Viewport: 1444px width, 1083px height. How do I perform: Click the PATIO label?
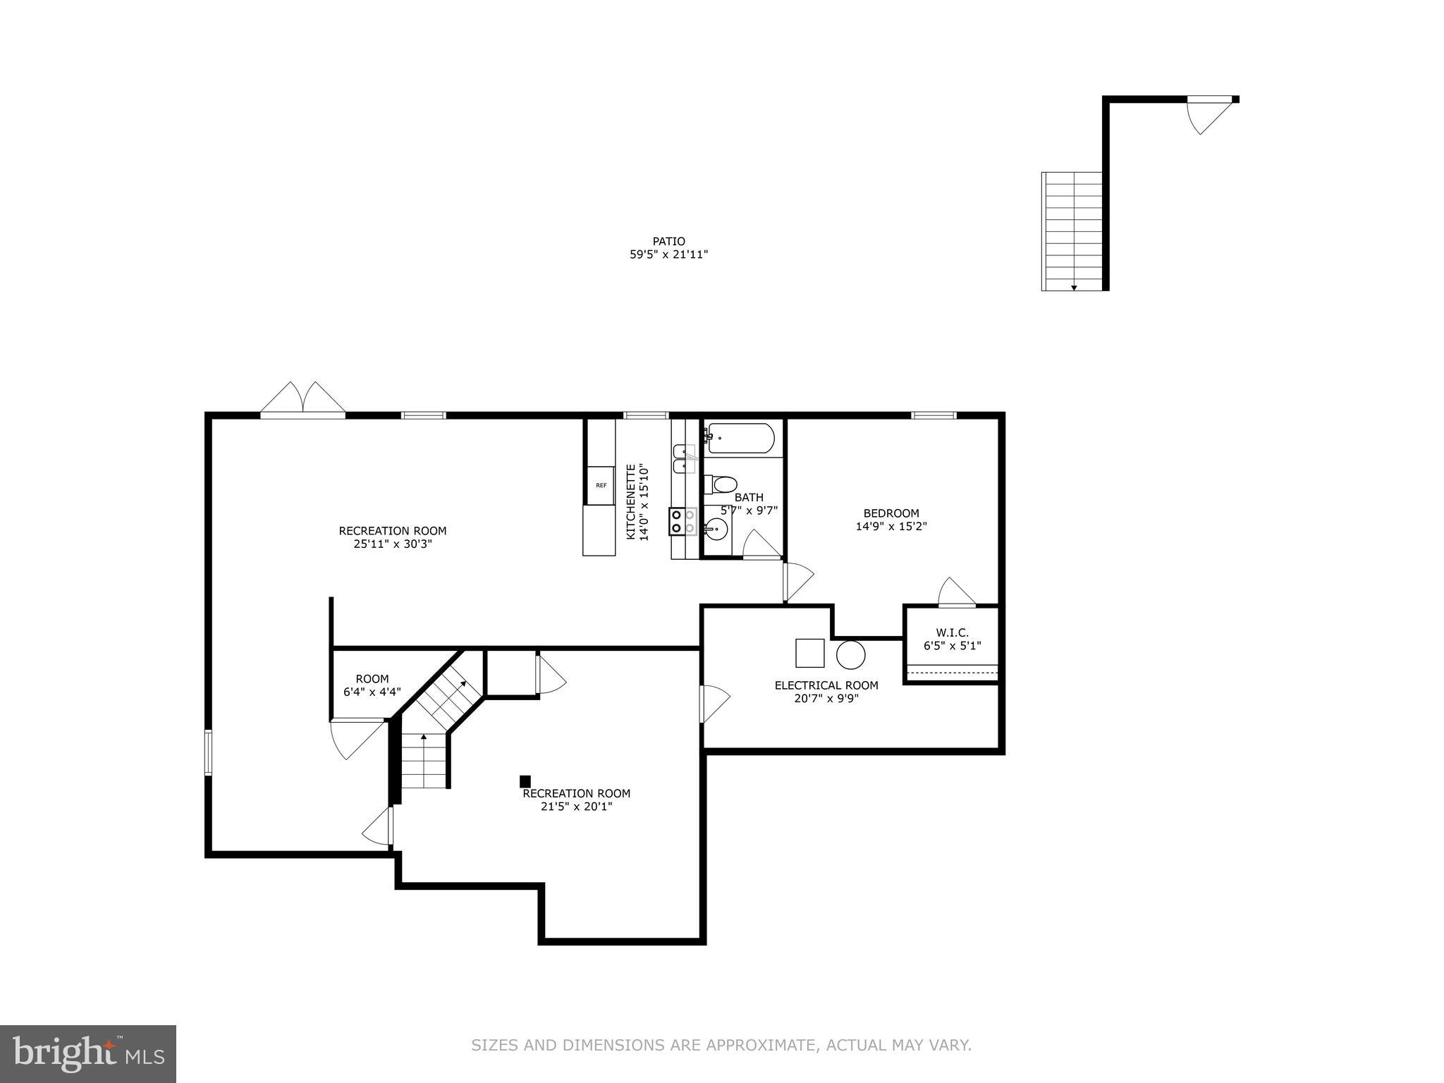click(668, 241)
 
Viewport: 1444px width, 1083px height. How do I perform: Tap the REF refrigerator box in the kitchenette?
click(601, 485)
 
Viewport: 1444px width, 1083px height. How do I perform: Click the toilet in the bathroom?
click(723, 484)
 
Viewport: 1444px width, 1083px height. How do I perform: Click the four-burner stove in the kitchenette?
click(683, 522)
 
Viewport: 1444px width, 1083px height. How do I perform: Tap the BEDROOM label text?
click(891, 513)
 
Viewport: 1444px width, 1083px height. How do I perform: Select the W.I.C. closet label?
click(952, 632)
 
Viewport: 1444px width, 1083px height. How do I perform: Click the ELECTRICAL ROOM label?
click(826, 685)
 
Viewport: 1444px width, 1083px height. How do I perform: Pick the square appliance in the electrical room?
click(809, 653)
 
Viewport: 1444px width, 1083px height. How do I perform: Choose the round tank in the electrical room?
click(850, 654)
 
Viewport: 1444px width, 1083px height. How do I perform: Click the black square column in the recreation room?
click(525, 781)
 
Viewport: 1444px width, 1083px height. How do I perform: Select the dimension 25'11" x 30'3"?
click(393, 544)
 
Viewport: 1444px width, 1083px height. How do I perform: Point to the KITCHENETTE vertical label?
click(632, 502)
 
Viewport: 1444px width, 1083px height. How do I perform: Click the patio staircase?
click(1072, 231)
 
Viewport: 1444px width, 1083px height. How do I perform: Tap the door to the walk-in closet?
click(957, 594)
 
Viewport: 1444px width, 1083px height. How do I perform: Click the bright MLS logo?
click(88, 1053)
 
